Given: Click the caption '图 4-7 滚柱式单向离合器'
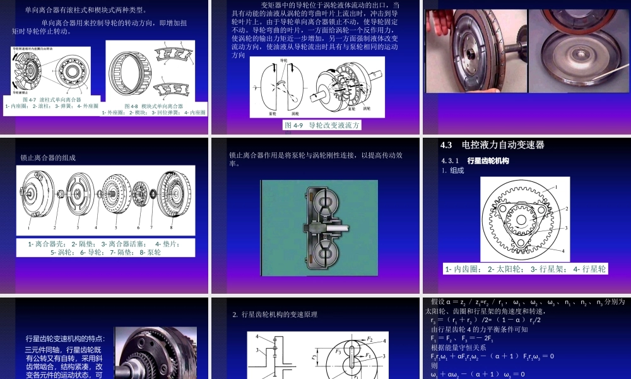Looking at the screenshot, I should click(52, 99).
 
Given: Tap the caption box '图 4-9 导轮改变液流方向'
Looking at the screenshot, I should click(322, 125).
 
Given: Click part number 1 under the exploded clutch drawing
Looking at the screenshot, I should click(29, 227).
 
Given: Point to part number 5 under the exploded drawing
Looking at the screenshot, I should click(116, 227).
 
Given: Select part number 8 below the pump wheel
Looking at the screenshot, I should click(170, 227).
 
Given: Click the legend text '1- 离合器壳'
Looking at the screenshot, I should click(47, 243).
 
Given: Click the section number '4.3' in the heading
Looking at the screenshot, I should click(447, 145).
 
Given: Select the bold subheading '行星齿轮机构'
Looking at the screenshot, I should click(488, 161).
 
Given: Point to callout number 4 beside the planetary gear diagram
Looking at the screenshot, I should click(563, 251).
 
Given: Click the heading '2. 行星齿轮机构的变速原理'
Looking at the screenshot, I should click(274, 314).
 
